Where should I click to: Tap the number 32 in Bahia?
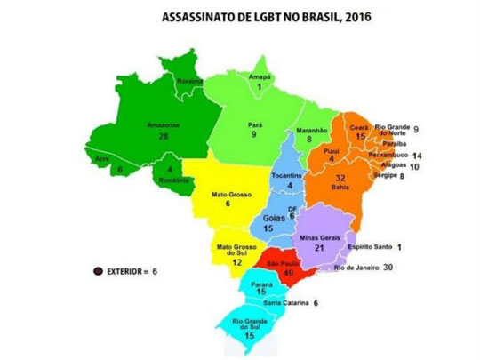(x=341, y=178)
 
